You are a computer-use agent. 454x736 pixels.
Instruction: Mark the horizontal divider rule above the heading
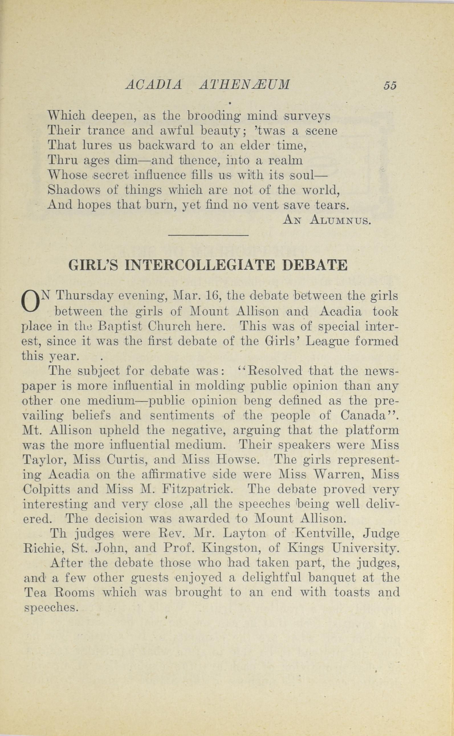[208, 235]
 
